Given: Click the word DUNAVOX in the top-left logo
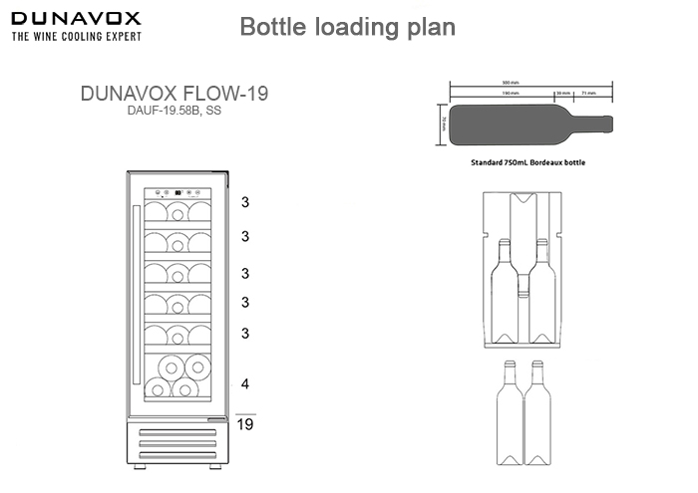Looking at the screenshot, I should pyautogui.click(x=75, y=18).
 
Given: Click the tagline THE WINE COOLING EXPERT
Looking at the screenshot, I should pyautogui.click(x=76, y=36).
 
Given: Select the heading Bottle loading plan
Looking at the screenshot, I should pyautogui.click(x=348, y=27).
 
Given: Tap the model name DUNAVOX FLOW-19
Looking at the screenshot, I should pyautogui.click(x=174, y=95).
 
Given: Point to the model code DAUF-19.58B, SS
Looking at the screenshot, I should pyautogui.click(x=174, y=112).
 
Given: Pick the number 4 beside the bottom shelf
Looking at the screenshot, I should pyautogui.click(x=244, y=383).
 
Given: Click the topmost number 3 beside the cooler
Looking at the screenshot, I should pyautogui.click(x=244, y=201).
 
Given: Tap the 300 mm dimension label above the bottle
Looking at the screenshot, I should pyautogui.click(x=511, y=83).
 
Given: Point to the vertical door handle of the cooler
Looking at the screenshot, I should pyautogui.click(x=136, y=289).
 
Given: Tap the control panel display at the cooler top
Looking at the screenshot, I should pyautogui.click(x=177, y=194).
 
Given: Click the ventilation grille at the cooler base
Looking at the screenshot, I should pyautogui.click(x=177, y=443).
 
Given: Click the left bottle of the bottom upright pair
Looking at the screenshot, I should pyautogui.click(x=511, y=413).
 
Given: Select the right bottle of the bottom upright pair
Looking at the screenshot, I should pyautogui.click(x=539, y=413).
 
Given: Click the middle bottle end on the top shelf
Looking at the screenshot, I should pyautogui.click(x=177, y=212).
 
